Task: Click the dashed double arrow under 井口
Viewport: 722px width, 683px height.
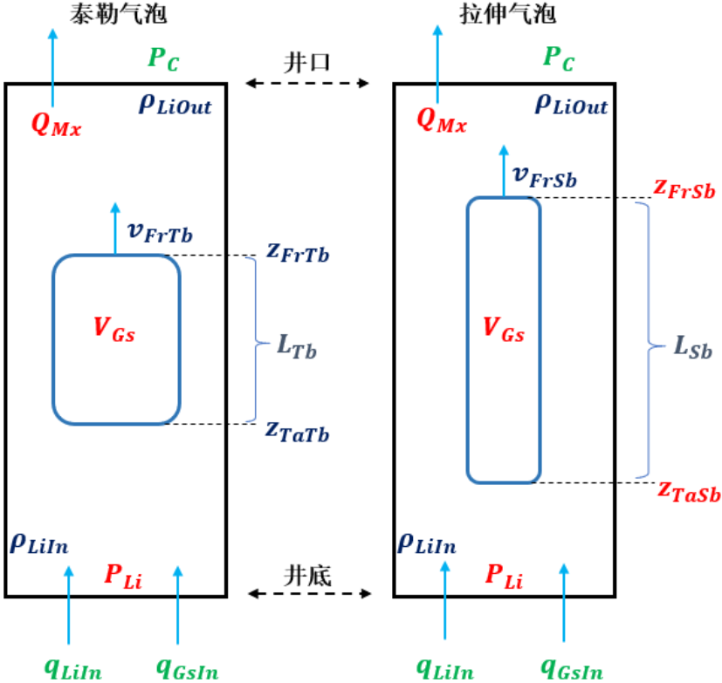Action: click(x=308, y=84)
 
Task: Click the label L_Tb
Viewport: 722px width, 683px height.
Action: click(x=297, y=346)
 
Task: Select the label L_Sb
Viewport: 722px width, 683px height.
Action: click(x=693, y=348)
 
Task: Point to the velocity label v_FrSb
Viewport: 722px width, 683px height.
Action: click(x=545, y=177)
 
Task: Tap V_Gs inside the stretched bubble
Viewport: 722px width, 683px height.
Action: click(x=504, y=330)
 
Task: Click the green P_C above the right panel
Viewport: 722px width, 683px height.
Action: click(x=558, y=58)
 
